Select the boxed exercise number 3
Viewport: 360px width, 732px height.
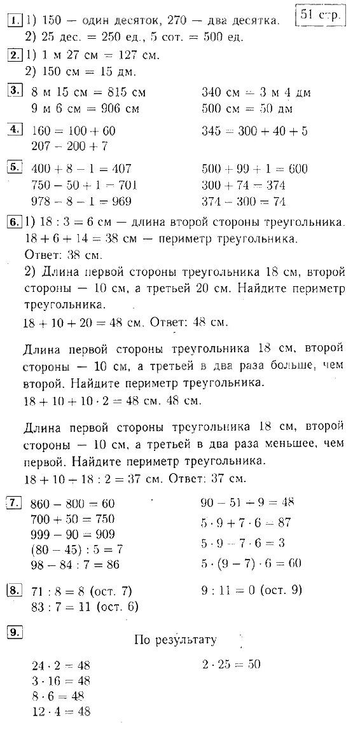13,90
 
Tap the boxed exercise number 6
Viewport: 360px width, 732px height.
13,223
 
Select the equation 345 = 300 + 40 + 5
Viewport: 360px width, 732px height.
254,131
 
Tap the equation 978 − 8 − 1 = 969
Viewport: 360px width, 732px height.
81,202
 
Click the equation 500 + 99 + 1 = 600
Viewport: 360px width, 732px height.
254,169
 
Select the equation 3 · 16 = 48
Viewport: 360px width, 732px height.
61,680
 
